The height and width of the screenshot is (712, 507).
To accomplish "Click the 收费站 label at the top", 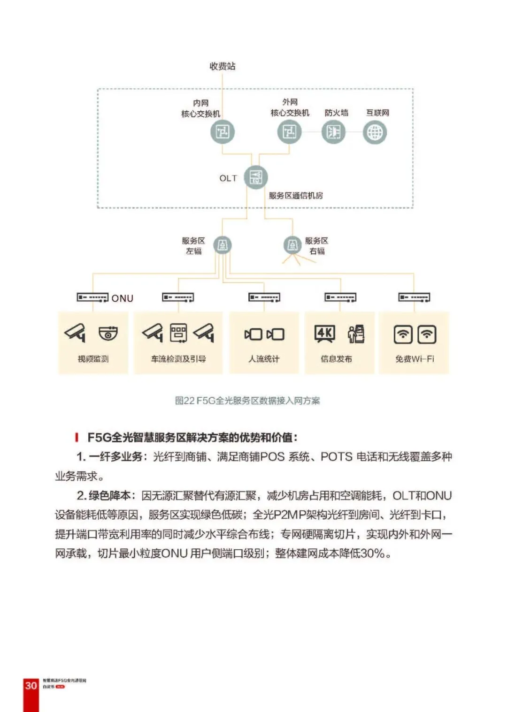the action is [x=223, y=66].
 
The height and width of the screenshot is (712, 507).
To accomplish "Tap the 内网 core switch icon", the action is [x=222, y=132].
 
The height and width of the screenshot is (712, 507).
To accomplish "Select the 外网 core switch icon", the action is [x=289, y=132].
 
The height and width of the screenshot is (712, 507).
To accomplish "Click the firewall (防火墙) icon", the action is [x=333, y=132].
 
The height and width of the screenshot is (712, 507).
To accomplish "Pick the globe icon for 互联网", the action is [x=375, y=132].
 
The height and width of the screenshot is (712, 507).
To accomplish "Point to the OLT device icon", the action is [x=256, y=177].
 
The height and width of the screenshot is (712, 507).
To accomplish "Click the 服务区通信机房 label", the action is [x=296, y=196].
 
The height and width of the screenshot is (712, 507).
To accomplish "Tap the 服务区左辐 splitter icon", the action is [x=223, y=245].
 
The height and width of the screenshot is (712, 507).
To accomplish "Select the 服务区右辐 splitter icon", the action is [x=292, y=245].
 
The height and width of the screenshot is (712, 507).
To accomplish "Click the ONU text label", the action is [x=122, y=298].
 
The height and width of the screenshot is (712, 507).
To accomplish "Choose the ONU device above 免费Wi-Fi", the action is [x=414, y=297].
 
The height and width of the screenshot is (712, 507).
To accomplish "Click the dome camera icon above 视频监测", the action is [x=108, y=333].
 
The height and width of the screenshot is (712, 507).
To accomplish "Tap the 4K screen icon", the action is [x=324, y=334].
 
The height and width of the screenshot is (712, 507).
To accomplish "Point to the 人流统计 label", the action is [x=264, y=359].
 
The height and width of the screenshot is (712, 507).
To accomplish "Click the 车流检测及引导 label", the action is [x=178, y=359].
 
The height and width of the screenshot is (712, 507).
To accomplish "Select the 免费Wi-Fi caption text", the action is [x=415, y=359].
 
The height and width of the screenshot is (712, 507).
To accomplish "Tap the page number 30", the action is [x=31, y=685].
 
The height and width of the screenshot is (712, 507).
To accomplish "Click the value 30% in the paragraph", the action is [x=373, y=553].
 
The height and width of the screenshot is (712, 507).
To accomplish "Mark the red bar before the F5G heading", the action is [x=77, y=438].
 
